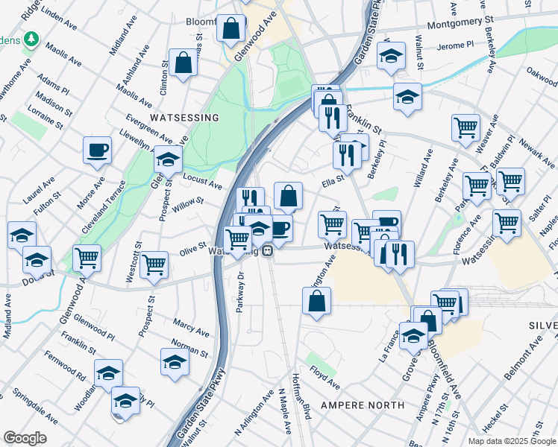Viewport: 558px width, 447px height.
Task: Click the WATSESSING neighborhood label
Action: click(184, 118)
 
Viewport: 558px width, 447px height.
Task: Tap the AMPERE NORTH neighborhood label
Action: click(362, 405)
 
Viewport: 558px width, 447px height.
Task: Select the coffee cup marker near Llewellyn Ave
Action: click(97, 150)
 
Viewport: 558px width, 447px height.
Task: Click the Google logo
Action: click(25, 438)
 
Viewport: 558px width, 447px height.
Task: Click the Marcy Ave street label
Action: click(190, 328)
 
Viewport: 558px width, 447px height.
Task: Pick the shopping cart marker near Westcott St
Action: click(154, 264)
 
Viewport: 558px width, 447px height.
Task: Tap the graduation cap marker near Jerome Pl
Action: click(391, 56)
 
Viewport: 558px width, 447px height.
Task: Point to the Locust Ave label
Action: click(203, 182)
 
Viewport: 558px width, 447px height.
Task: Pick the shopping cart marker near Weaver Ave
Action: click(465, 127)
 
